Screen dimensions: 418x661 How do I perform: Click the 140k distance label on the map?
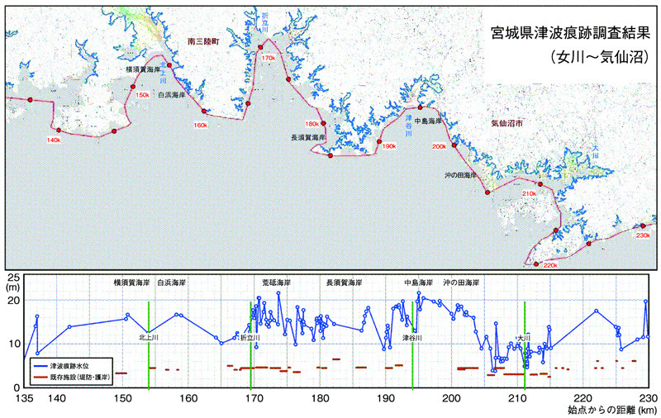tap(55, 140)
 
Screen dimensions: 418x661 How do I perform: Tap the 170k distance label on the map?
tap(268, 59)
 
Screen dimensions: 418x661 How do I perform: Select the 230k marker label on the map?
tap(644, 235)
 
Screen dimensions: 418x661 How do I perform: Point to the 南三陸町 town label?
tap(206, 40)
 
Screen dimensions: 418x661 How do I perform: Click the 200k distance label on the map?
tap(439, 146)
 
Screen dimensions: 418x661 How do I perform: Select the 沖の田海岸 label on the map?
tap(460, 175)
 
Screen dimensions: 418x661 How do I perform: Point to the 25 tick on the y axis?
tap(14, 276)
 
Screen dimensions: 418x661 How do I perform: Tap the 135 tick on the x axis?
tap(24, 398)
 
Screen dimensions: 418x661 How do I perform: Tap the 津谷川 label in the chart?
tap(412, 337)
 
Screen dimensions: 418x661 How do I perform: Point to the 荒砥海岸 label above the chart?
tap(272, 283)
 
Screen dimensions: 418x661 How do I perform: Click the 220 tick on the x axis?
tap(583, 398)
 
